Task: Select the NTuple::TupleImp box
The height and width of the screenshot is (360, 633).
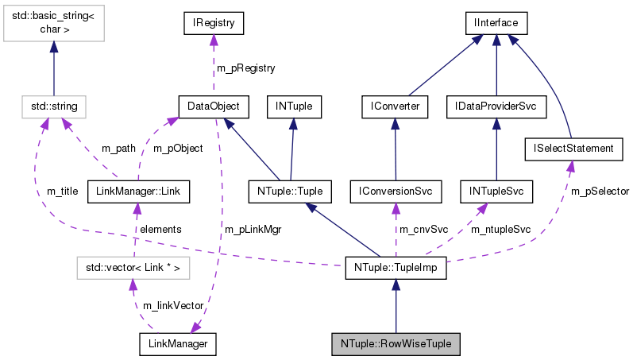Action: pos(396,269)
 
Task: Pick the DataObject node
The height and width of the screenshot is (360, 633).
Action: pos(213,105)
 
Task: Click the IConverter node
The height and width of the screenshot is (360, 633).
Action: pos(395,105)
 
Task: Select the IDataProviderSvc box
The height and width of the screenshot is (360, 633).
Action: pos(496,105)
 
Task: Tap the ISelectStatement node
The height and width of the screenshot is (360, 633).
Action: pos(570,148)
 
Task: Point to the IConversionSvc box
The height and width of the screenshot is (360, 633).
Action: pos(395,191)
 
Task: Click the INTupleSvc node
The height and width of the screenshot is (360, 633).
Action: pos(496,191)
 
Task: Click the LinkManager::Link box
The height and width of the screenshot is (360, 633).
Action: pos(137,191)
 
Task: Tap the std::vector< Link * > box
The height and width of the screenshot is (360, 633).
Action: pos(133,269)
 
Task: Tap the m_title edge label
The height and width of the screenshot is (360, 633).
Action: pos(63,192)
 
